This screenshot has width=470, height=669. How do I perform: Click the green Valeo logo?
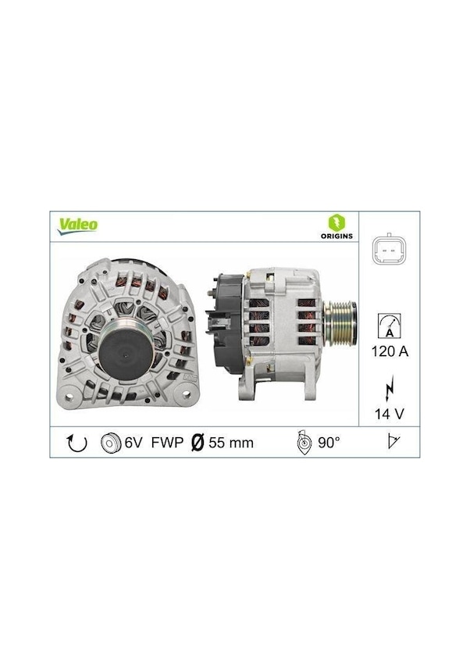click(x=78, y=225)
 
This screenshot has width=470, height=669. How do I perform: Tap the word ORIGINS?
click(x=337, y=235)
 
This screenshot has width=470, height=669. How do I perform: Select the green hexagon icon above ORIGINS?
click(x=337, y=222)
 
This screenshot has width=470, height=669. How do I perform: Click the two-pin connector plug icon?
click(x=389, y=251)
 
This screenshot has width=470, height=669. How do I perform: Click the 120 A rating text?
click(x=389, y=351)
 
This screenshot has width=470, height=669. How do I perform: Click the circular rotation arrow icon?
click(x=77, y=443)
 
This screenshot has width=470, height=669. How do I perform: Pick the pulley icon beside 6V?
click(x=111, y=443)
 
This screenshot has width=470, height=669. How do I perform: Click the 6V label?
click(x=134, y=443)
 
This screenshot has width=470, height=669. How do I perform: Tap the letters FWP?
click(x=168, y=443)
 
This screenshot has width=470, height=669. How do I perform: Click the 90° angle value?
click(x=329, y=443)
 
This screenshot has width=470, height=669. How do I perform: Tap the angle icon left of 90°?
click(x=304, y=443)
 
